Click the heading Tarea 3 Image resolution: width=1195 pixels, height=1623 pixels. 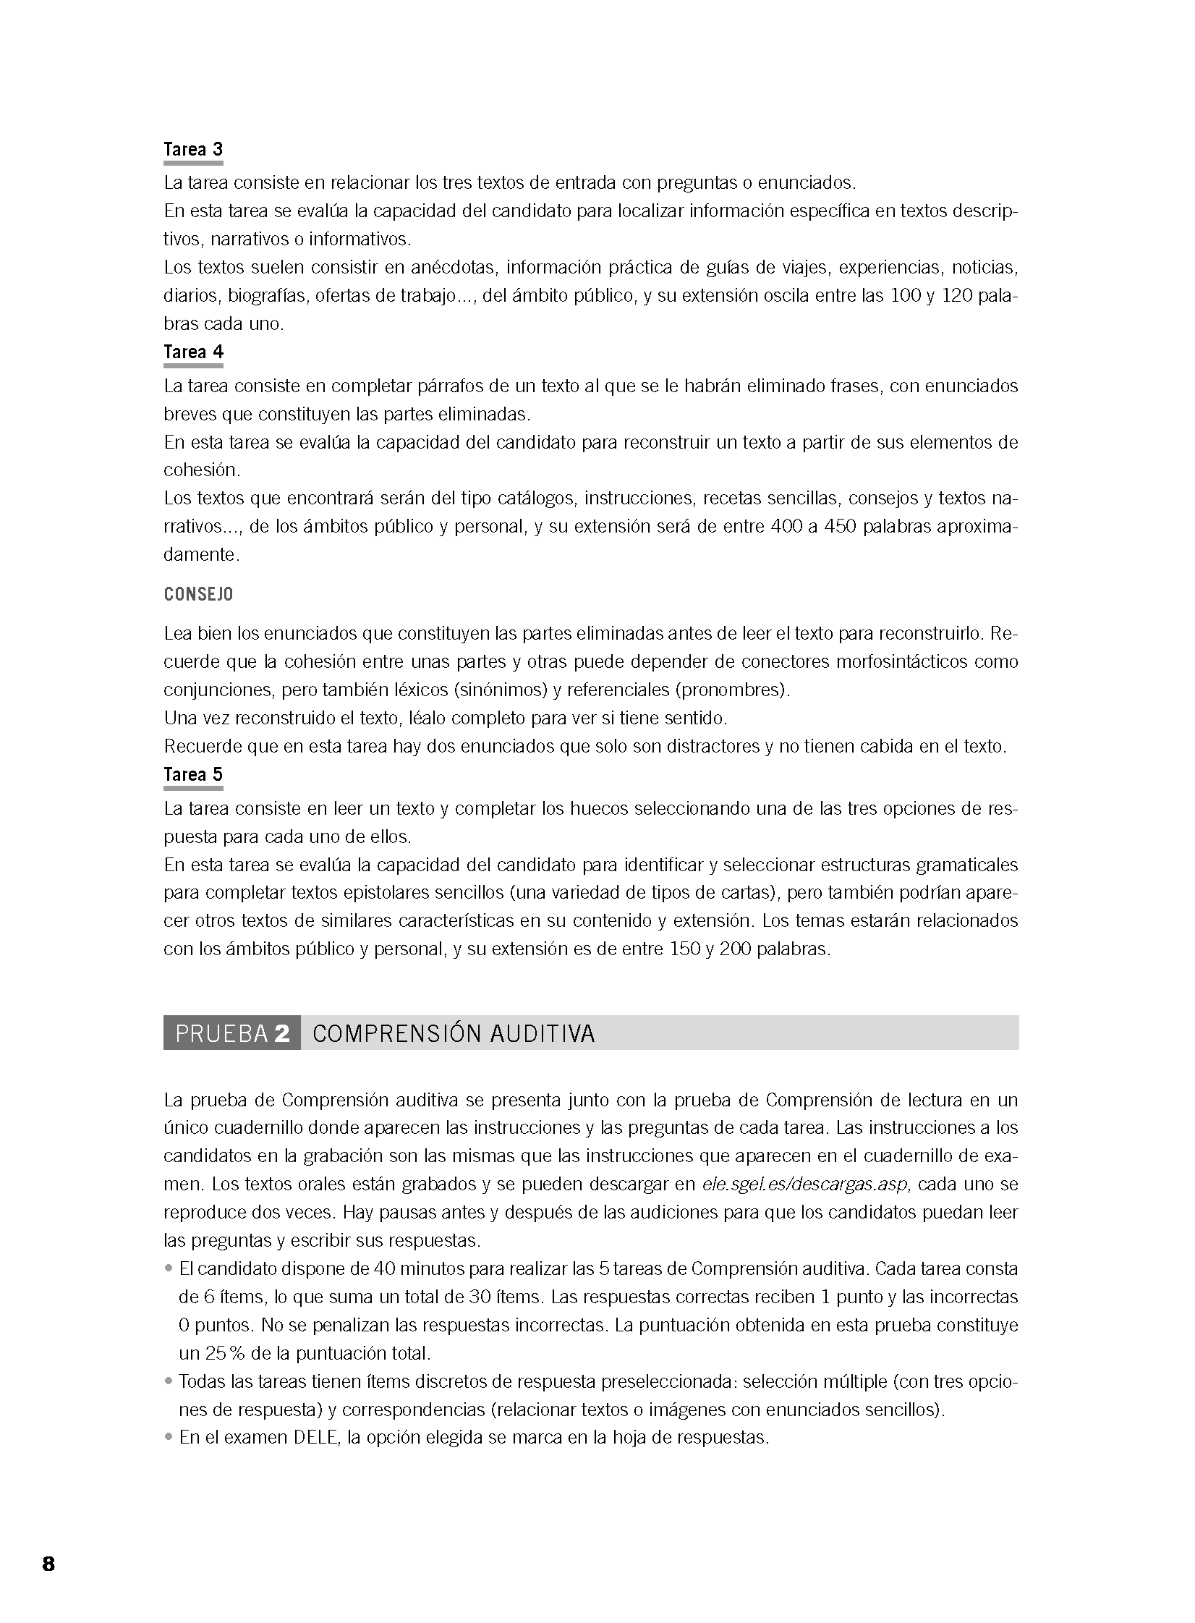coord(193,150)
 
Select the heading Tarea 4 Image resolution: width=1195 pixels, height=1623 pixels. coord(193,352)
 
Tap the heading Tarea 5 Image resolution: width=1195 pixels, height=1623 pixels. coord(193,775)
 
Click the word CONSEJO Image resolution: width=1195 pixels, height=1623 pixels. coord(198,595)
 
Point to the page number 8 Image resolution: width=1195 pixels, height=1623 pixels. coord(48,1564)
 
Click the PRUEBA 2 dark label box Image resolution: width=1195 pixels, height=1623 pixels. coord(232,1033)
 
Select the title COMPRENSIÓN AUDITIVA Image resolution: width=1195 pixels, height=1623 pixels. coord(454,1034)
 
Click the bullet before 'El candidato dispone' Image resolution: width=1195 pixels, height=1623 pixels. coord(169,1268)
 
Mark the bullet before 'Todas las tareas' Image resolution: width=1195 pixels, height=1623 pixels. coord(169,1381)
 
